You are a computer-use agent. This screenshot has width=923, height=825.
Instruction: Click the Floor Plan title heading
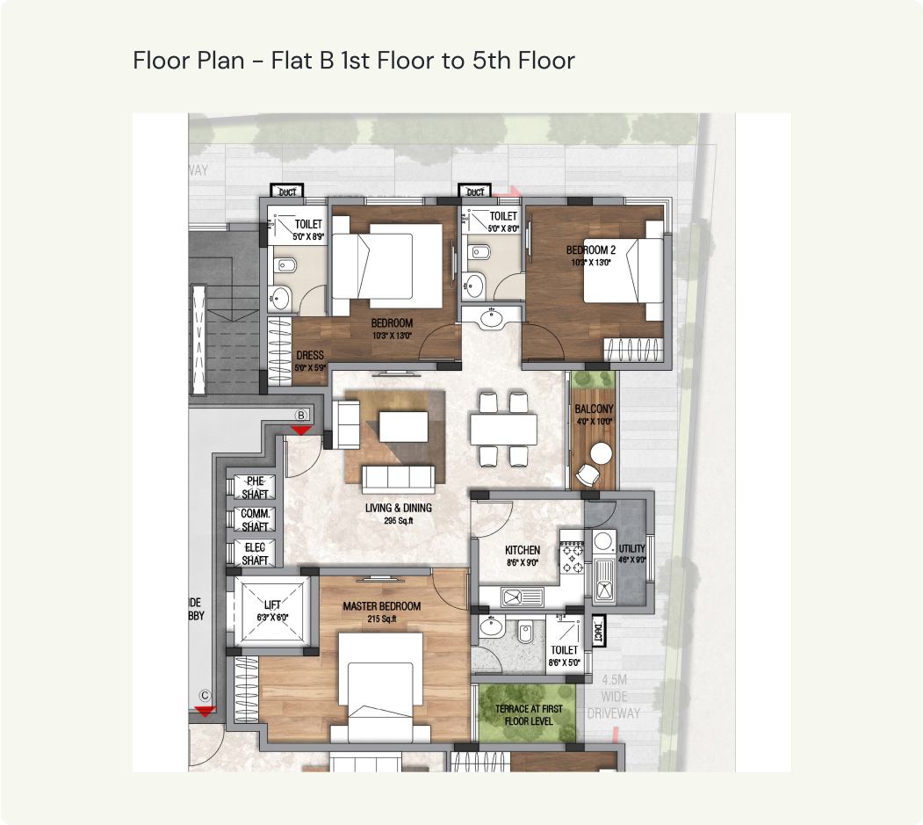click(354, 61)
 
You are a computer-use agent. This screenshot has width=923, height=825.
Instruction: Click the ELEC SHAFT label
click(255, 554)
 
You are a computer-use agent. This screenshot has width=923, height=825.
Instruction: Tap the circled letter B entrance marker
click(300, 415)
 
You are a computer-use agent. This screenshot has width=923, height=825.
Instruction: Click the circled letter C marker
click(205, 692)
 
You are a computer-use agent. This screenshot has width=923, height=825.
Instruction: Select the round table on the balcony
click(602, 453)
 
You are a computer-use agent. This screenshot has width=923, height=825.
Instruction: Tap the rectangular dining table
click(503, 430)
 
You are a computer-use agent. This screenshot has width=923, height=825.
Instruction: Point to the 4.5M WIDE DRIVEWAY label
click(622, 696)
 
